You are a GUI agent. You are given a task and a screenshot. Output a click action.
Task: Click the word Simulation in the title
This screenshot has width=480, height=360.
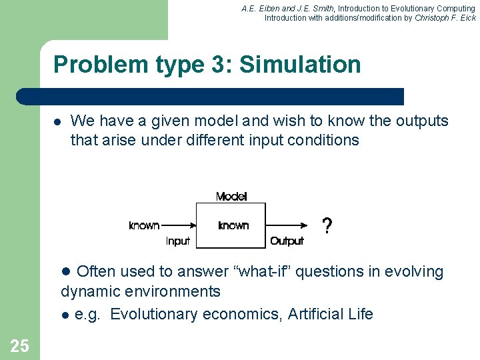point(300,65)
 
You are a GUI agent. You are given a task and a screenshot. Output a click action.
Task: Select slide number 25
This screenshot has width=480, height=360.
point(19,345)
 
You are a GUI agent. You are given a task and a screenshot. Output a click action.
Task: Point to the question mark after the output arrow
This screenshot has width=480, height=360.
point(327,226)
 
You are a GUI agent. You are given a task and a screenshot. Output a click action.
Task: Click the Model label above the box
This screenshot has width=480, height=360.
point(231,197)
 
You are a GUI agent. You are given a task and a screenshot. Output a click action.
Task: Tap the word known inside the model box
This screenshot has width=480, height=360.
point(233,225)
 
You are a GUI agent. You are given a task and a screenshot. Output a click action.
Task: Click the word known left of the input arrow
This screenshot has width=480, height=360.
point(144,225)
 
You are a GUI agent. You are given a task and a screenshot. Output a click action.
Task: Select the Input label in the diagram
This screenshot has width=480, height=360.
point(178,241)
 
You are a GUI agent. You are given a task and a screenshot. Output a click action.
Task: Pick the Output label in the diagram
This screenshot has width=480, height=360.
point(287,241)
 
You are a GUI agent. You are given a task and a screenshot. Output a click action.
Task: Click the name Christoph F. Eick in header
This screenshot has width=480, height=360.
point(445,18)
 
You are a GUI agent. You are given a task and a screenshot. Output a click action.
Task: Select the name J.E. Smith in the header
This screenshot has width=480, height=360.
point(307,8)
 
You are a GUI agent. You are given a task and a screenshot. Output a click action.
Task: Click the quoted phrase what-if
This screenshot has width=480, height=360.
point(274,271)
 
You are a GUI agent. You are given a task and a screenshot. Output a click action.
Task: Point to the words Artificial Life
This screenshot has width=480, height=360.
point(331,314)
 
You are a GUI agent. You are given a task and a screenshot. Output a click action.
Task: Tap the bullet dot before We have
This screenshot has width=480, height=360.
point(57,122)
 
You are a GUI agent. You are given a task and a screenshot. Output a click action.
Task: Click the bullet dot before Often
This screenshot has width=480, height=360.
point(65,271)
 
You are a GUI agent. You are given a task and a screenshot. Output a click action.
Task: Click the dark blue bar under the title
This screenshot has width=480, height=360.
point(210,97)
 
